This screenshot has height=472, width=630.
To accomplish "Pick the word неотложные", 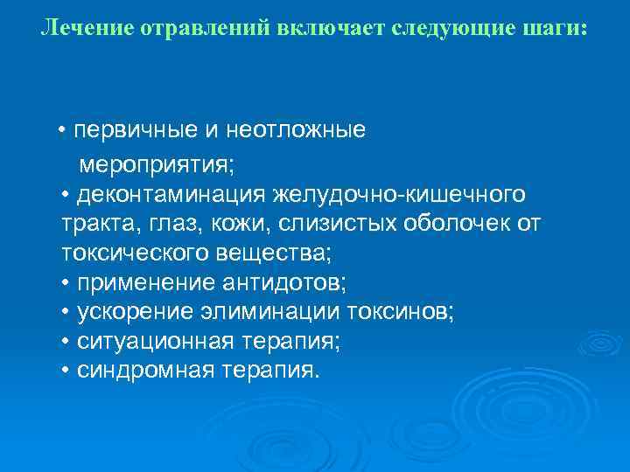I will [x=296, y=131].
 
